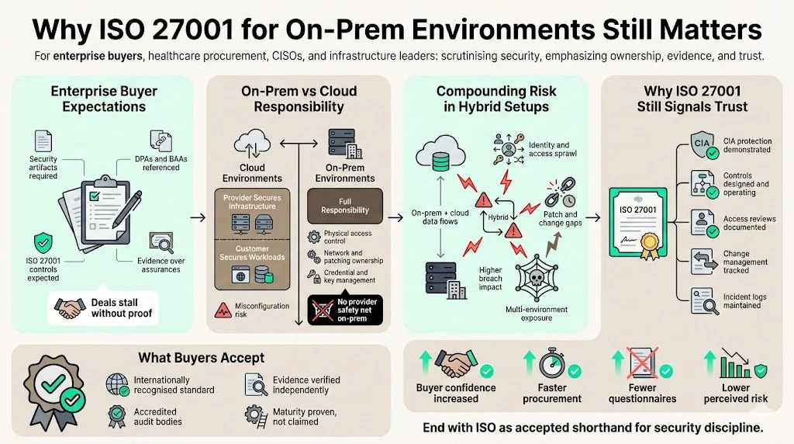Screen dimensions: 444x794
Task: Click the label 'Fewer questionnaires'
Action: point(642,393)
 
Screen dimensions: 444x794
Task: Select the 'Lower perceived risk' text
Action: point(736,393)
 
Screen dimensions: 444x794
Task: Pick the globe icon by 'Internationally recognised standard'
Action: point(116,383)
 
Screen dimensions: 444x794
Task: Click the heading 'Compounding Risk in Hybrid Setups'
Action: point(496,99)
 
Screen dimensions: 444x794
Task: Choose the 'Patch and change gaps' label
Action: point(560,220)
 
